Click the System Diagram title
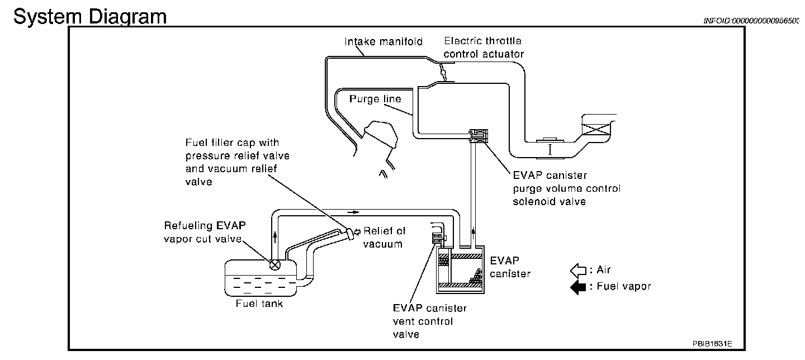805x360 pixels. click(90, 17)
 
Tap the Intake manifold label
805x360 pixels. click(383, 42)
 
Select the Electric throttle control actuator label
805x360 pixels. click(484, 48)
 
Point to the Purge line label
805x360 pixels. click(375, 99)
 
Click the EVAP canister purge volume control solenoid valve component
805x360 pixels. click(479, 136)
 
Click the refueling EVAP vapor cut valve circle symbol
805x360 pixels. click(275, 265)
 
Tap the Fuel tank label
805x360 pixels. click(259, 304)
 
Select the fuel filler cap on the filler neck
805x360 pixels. click(349, 233)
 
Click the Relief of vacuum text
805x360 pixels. click(384, 238)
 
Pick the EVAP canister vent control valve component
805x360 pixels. click(439, 238)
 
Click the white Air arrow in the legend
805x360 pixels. click(578, 271)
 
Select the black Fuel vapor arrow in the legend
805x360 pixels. click(578, 287)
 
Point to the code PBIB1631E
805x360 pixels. click(712, 344)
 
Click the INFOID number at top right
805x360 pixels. click(751, 21)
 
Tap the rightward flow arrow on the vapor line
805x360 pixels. click(353, 212)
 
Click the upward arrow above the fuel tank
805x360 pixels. click(275, 237)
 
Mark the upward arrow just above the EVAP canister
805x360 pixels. click(473, 233)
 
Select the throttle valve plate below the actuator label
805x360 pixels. click(443, 72)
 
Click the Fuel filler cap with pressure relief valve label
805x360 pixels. click(237, 162)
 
